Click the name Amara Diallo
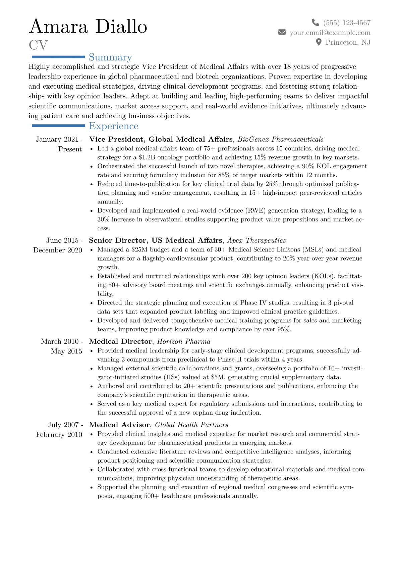(88, 27)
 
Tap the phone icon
(315, 22)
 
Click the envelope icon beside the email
(282, 32)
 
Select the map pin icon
(319, 42)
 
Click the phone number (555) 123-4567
(347, 23)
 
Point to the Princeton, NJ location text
(348, 42)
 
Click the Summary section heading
(110, 57)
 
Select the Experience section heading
(114, 126)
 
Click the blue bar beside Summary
(58, 57)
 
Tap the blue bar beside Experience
(58, 126)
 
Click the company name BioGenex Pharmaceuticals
(281, 139)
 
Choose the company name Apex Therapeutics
(256, 240)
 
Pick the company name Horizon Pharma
(184, 341)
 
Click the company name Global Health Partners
(191, 425)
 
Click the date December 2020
(58, 250)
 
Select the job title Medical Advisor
(119, 425)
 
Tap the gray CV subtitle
(38, 45)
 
